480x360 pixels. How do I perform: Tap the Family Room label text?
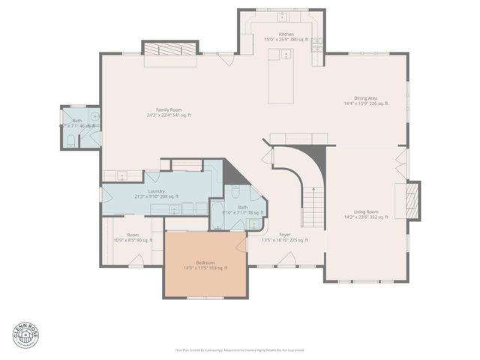tap(169, 112)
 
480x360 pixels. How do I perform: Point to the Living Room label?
tap(365, 214)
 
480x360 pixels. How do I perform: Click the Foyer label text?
tap(284, 238)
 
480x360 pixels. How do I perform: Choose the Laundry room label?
tap(156, 193)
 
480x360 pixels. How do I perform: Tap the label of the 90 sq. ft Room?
tap(132, 238)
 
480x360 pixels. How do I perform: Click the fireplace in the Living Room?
tap(410, 199)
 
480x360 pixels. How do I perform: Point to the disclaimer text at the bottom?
tap(239, 349)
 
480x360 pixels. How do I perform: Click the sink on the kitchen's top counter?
tap(283, 16)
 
